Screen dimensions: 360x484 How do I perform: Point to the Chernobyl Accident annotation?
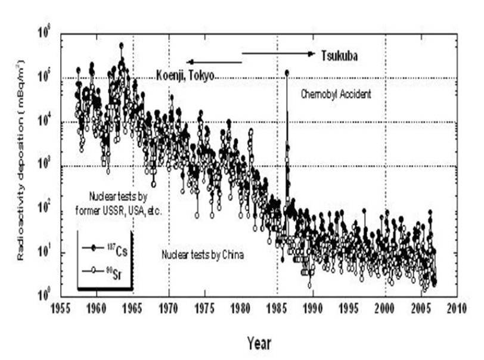pos(336,94)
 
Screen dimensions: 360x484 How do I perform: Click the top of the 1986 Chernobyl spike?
pos(287,72)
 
